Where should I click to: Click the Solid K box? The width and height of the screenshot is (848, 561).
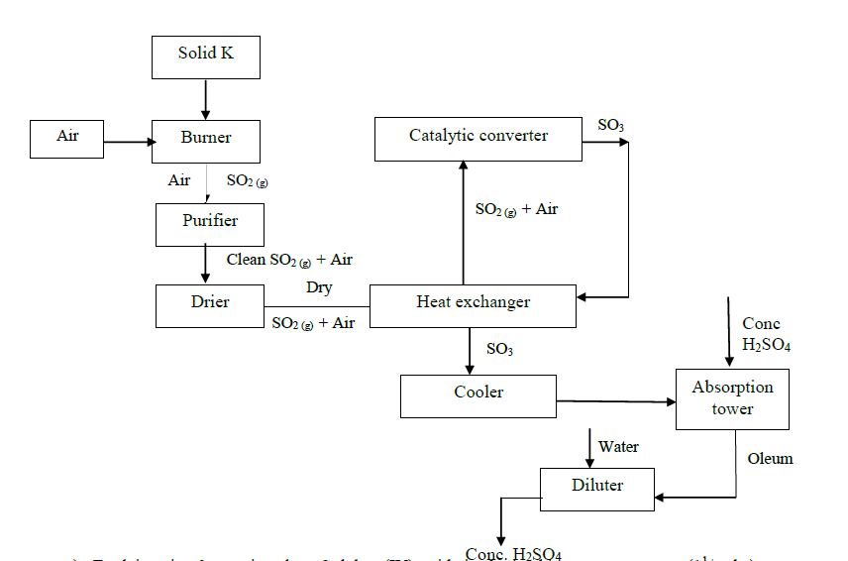[206, 56]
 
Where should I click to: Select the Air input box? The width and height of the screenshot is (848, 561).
[67, 139]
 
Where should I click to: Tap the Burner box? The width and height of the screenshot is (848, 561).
[206, 141]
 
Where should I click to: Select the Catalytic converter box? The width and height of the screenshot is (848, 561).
[477, 138]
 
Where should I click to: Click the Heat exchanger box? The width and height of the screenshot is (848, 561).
[473, 305]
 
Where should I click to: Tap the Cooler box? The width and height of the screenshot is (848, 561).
[478, 395]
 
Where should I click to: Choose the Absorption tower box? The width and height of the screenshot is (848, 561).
[732, 398]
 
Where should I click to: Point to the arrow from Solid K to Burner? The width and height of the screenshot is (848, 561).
[206, 99]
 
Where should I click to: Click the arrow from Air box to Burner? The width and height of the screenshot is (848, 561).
[128, 142]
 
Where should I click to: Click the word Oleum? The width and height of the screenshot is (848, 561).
[770, 459]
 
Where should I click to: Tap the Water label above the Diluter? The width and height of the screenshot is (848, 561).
[618, 448]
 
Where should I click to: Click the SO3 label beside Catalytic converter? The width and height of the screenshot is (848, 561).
[610, 126]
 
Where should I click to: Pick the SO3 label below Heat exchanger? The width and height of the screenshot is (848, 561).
[499, 349]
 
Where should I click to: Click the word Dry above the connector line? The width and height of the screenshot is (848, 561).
[319, 287]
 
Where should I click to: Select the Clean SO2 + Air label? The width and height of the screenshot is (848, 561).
[288, 260]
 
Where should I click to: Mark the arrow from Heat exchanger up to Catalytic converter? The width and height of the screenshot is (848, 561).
[463, 222]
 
